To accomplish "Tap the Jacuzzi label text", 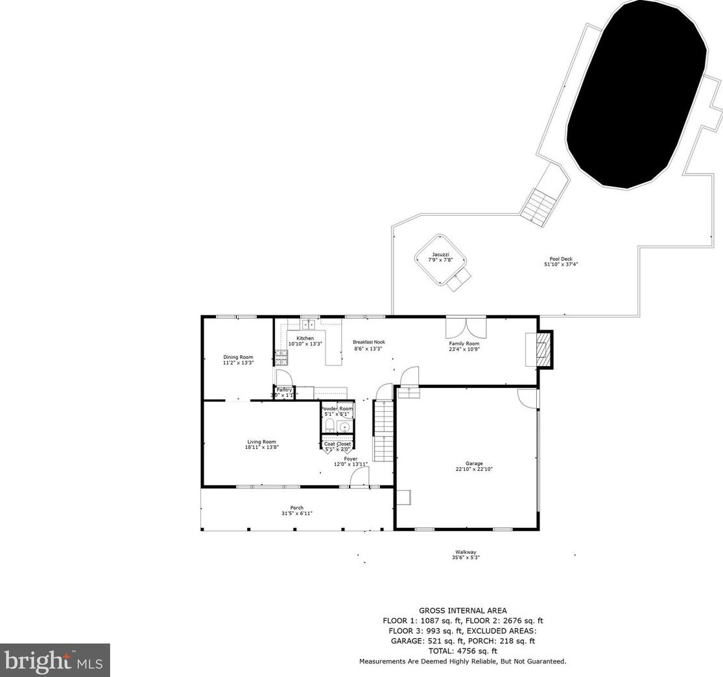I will [440, 255].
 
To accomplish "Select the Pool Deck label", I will [561, 258].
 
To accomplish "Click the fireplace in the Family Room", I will [540, 350].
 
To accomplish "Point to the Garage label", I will [473, 464].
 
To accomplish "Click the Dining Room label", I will [238, 357].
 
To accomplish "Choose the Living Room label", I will [261, 442].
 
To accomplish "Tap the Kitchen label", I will [305, 338].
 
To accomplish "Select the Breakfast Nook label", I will [368, 342].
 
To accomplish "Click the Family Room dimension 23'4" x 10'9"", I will [464, 349].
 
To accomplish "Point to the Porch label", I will [297, 508].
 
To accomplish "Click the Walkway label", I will [466, 552].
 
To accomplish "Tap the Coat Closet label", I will [337, 444].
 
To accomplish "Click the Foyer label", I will [351, 459].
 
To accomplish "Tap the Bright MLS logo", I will [55, 660].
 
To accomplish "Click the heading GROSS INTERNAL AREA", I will [462, 610].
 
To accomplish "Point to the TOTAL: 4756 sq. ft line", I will [462, 651].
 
